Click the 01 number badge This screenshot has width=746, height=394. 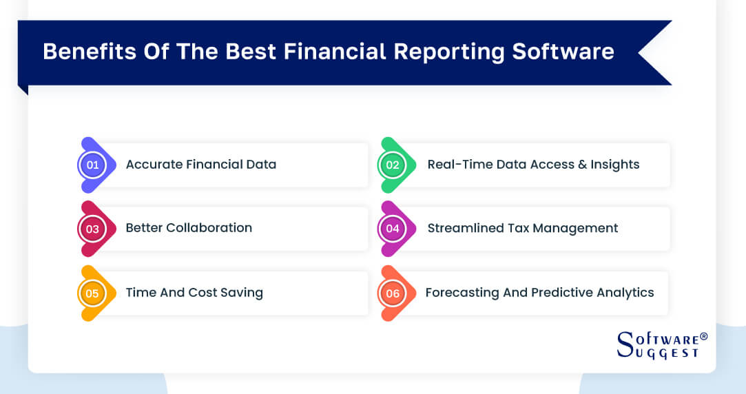click(x=92, y=165)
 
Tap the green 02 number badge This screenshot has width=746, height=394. click(x=393, y=165)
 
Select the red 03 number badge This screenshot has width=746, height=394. click(x=92, y=229)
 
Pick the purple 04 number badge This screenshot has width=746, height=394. click(x=393, y=229)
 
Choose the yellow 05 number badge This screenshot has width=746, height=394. click(x=92, y=293)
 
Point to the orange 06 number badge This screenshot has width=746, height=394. click(x=393, y=293)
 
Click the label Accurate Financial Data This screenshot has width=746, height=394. click(x=200, y=165)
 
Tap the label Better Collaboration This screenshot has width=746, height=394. click(x=189, y=228)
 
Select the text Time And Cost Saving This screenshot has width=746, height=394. click(x=194, y=293)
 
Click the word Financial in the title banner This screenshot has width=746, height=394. click(x=338, y=52)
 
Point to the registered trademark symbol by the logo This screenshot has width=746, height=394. click(x=703, y=336)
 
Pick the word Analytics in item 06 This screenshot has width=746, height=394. click(x=624, y=293)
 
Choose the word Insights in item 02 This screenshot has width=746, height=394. click(x=615, y=165)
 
